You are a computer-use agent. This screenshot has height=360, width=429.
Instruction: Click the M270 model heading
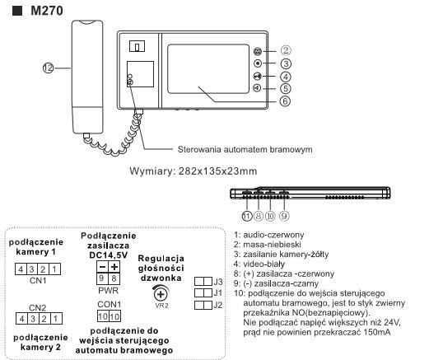47,11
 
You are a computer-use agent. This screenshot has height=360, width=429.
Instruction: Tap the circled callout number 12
48,68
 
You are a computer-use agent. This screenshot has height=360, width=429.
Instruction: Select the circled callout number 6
285,101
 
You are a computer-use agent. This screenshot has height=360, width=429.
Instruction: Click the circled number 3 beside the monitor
286,63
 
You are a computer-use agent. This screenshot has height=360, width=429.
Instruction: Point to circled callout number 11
247,216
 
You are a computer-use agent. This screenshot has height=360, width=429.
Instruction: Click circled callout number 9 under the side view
284,216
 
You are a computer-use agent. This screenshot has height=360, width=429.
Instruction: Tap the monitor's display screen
208,69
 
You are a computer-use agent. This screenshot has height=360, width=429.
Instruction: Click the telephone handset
87,77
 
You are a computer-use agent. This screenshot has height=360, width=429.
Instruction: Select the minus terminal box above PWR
102,266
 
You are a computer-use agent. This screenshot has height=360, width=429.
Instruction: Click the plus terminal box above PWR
114,266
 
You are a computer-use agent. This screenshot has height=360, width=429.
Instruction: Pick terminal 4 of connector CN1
21,269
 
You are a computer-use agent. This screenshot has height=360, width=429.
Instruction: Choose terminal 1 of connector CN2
56,319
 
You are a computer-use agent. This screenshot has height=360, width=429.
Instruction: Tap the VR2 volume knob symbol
161,294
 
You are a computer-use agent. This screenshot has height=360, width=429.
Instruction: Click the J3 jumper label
218,282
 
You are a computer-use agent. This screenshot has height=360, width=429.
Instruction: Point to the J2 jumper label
218,305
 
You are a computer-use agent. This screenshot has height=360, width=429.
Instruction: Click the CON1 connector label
109,304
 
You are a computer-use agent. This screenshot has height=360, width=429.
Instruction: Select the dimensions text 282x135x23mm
217,171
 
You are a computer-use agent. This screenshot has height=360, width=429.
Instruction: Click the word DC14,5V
109,255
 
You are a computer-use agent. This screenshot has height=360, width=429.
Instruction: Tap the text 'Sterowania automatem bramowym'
245,149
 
